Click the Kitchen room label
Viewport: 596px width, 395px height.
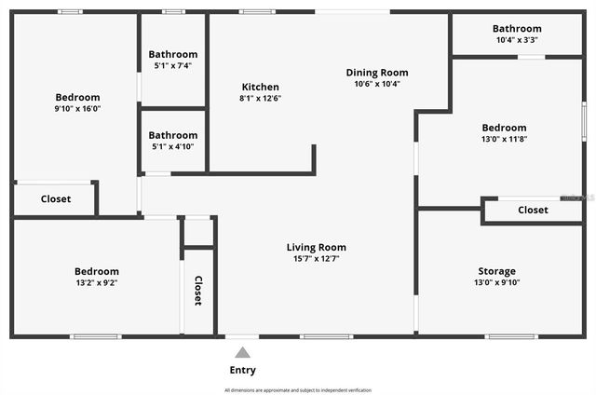click(x=260, y=87)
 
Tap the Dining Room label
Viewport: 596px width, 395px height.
click(x=377, y=73)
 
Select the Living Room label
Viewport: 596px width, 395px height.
click(x=316, y=247)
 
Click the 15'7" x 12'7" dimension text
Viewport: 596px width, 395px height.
click(x=316, y=259)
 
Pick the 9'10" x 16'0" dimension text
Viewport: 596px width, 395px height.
click(x=77, y=108)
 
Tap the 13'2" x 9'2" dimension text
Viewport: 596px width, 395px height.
click(x=97, y=282)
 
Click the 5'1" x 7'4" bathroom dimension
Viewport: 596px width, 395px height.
click(x=173, y=66)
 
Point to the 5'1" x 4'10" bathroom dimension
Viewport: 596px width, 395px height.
click(x=173, y=146)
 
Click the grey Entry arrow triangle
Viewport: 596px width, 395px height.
click(x=242, y=352)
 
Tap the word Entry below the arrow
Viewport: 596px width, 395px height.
click(x=242, y=370)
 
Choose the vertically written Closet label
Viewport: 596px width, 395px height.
click(x=198, y=291)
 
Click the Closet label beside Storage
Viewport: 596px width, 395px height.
click(x=533, y=210)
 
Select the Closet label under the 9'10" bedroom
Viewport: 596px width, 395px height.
click(x=56, y=198)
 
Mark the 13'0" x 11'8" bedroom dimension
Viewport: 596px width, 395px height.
click(x=504, y=139)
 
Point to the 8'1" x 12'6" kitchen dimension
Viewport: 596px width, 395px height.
click(x=260, y=98)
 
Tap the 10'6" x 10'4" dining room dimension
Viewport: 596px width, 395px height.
click(x=377, y=84)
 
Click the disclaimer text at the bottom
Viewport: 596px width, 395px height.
click(x=298, y=389)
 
